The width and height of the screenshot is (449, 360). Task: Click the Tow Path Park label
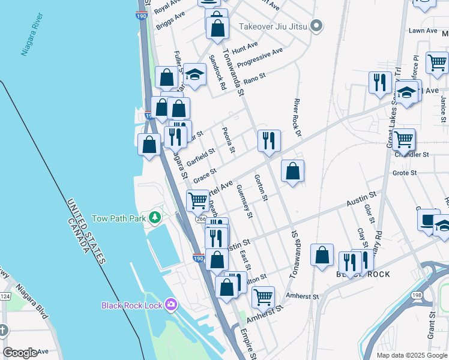click(119, 218)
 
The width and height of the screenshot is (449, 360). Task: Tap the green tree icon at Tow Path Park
click(156, 217)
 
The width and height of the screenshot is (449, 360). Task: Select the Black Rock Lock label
click(131, 305)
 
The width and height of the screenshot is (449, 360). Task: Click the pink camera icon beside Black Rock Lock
click(172, 305)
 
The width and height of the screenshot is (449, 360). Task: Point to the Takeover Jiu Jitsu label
click(274, 26)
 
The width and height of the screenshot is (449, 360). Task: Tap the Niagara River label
click(34, 40)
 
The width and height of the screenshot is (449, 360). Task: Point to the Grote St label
click(405, 173)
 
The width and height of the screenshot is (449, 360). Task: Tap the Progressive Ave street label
click(259, 57)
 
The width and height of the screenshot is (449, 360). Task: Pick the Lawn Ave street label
click(423, 31)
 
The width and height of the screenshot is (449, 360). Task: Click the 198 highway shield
click(417, 296)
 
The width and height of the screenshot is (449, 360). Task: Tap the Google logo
click(20, 353)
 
